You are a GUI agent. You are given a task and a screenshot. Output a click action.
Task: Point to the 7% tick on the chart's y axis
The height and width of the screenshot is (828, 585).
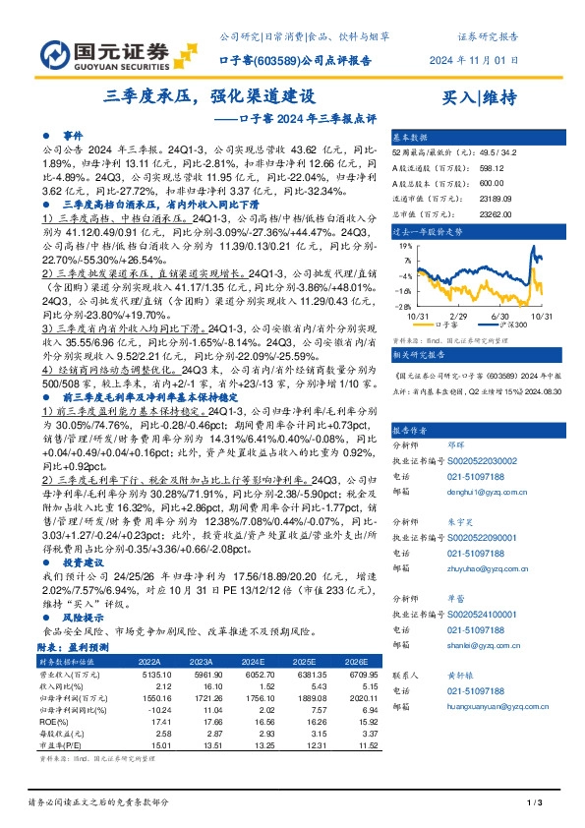click(405, 260)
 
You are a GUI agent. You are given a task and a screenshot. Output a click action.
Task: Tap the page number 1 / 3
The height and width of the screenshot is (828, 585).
click(537, 804)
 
